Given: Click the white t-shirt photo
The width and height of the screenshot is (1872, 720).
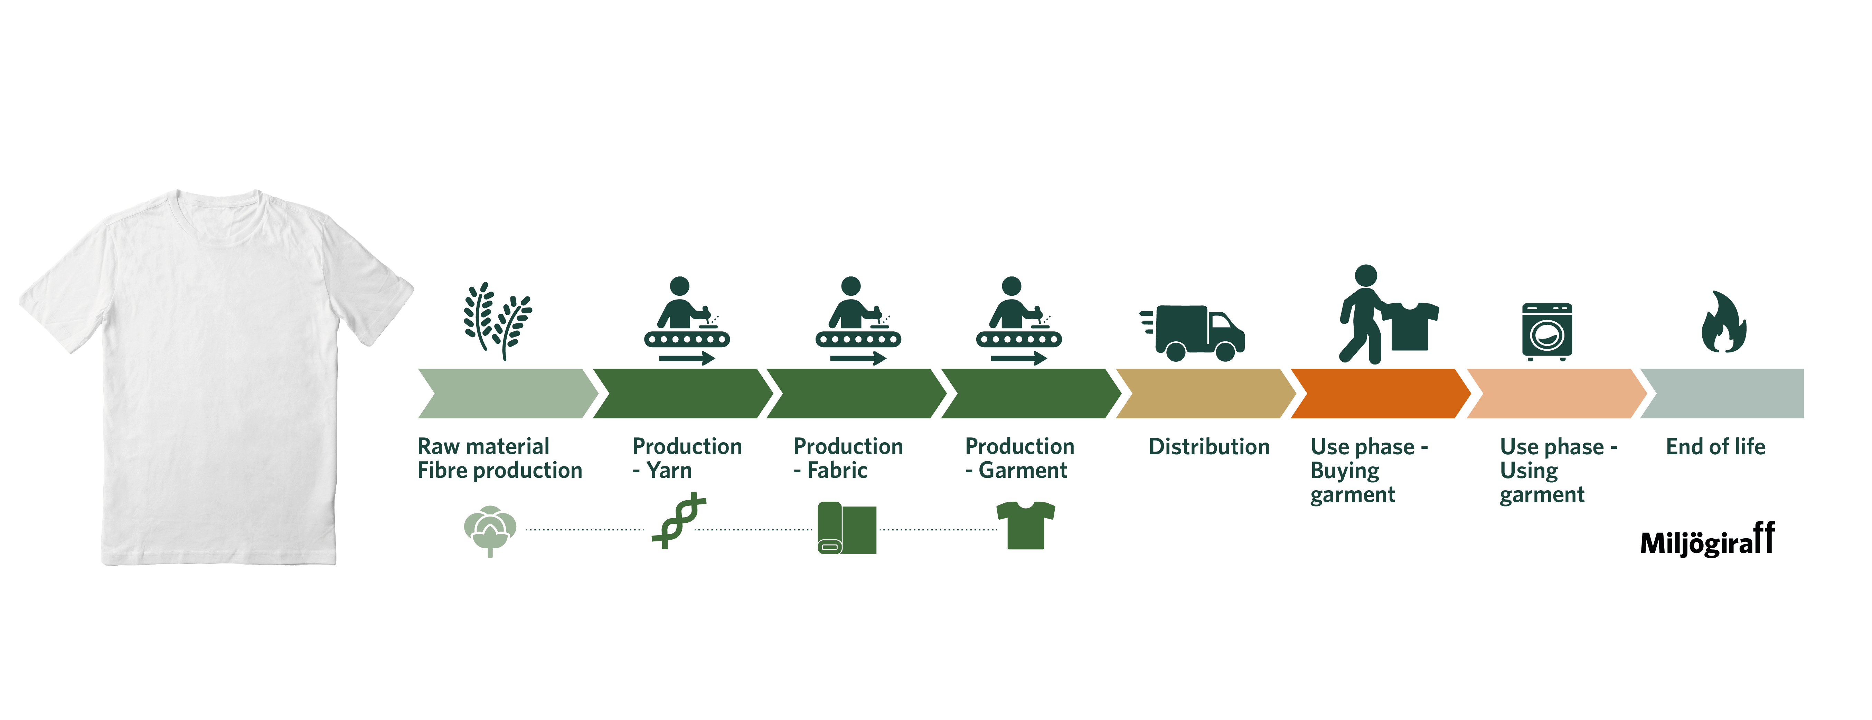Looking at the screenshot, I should [218, 378].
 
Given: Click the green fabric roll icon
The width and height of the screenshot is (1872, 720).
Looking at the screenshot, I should [847, 528].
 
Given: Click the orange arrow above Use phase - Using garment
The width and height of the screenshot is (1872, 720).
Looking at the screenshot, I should [1555, 393].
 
